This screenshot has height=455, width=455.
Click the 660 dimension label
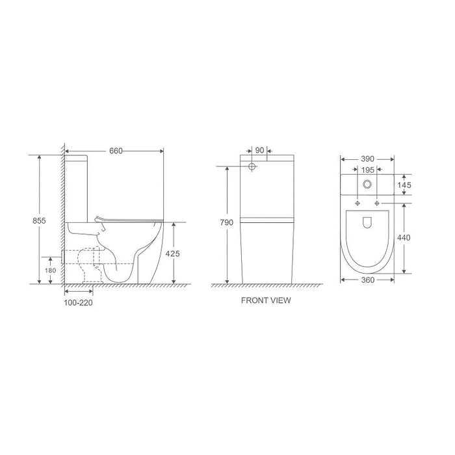(116, 151)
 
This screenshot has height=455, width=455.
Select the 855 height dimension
(39, 221)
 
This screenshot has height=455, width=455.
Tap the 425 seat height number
(172, 253)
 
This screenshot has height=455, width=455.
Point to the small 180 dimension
(50, 270)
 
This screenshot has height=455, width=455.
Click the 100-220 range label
(78, 303)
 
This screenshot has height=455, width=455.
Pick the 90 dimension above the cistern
(259, 150)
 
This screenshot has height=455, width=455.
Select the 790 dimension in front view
(226, 222)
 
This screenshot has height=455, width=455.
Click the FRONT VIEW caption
(266, 300)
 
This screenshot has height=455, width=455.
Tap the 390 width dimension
(367, 159)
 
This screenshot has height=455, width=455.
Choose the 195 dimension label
(367, 170)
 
